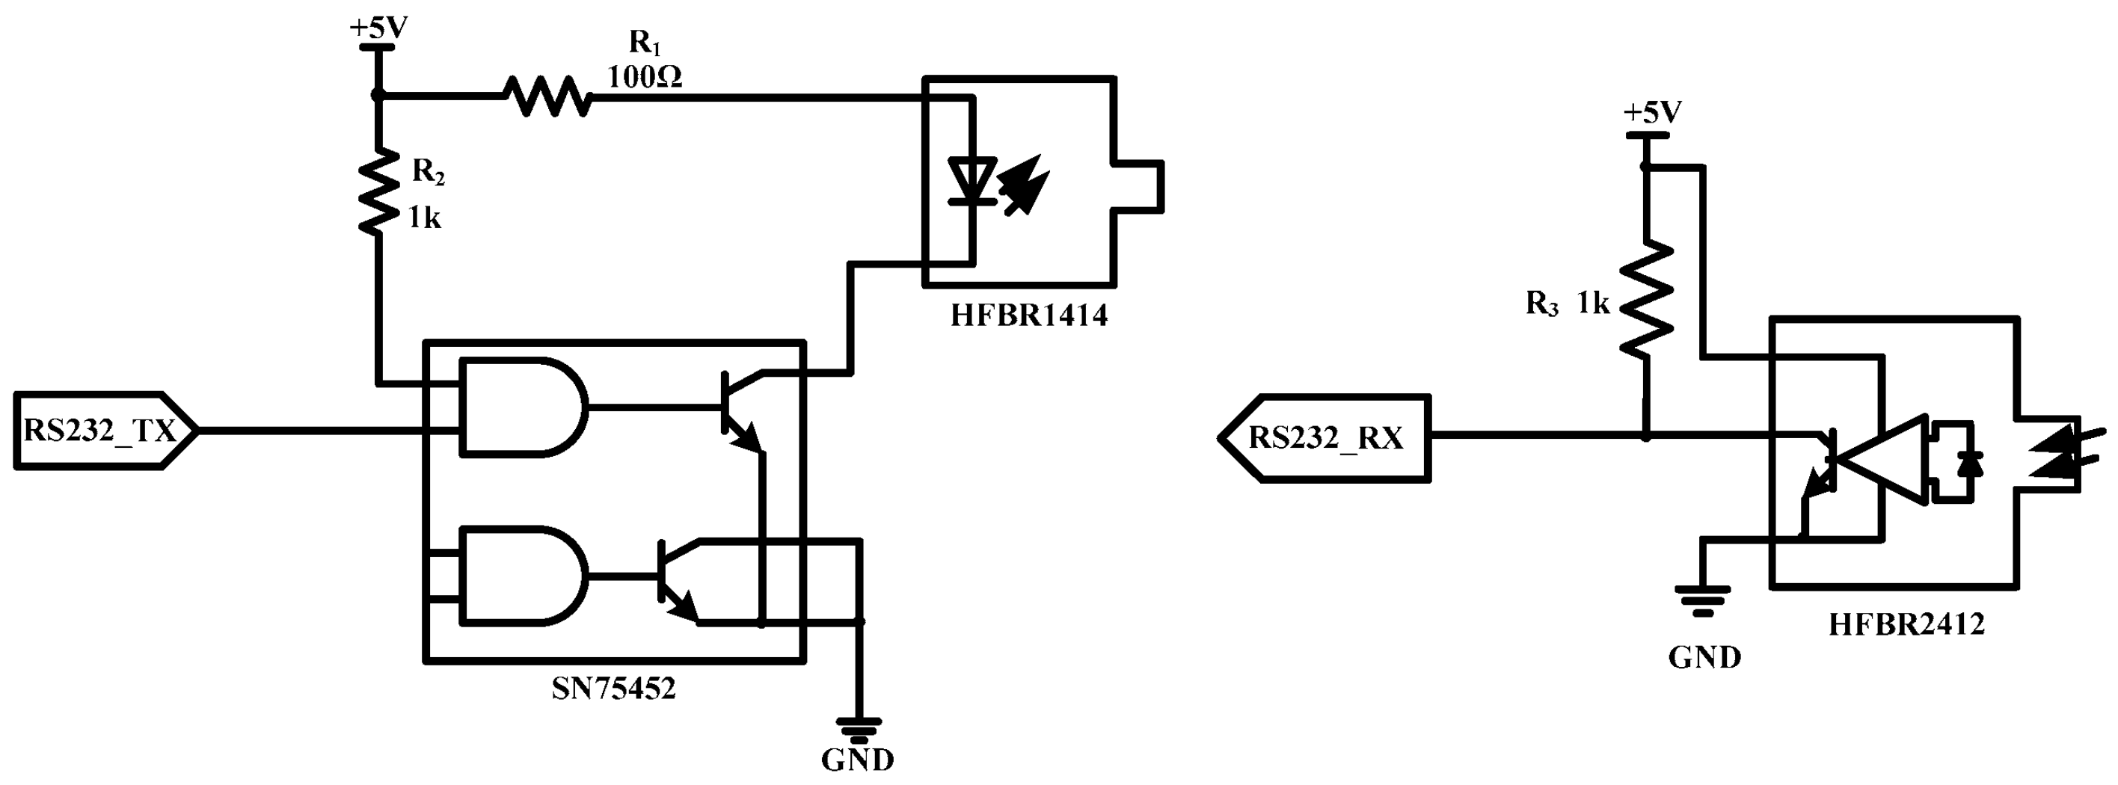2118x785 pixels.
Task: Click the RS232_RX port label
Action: [x=1325, y=438]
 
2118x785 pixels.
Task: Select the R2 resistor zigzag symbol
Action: [x=378, y=191]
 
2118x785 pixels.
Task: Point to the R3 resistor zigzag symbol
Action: [x=1646, y=299]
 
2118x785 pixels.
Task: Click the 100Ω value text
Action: [x=645, y=77]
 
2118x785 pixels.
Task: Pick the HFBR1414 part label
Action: [x=1028, y=315]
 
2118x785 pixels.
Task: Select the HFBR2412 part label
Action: [x=1906, y=625]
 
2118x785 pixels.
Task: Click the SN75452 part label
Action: [x=613, y=688]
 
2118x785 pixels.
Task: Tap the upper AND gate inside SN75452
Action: [x=523, y=406]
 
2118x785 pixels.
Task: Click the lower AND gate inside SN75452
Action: [x=523, y=576]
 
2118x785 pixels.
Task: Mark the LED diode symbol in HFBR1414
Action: [x=973, y=181]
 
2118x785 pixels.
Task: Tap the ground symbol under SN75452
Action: [x=859, y=727]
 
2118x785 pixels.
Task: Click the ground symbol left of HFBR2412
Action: [x=1704, y=600]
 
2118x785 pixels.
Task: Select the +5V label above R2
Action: [x=378, y=28]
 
